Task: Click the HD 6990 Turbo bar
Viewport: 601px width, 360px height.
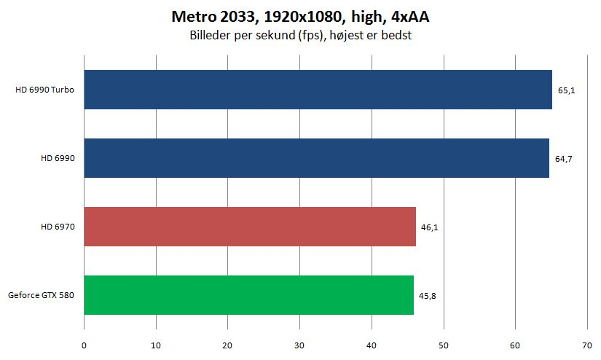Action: pos(318,90)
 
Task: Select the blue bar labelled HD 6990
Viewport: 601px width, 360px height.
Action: pos(317,158)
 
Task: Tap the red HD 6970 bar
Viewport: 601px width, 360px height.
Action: pos(250,227)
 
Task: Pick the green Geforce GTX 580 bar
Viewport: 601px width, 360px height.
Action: pos(248,295)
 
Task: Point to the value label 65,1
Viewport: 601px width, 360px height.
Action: pos(567,90)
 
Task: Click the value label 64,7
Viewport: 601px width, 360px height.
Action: pos(563,159)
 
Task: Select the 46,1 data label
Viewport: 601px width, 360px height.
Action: pos(429,227)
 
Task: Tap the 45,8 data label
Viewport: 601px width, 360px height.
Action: pos(428,296)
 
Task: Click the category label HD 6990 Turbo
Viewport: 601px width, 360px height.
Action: pos(45,90)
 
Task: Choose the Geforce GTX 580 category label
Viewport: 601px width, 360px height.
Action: pos(41,295)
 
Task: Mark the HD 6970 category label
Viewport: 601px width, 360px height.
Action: pos(58,227)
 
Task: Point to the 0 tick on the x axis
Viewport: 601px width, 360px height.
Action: pos(84,345)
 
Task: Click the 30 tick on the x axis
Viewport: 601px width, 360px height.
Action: pos(299,345)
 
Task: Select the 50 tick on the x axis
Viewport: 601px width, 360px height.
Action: pos(444,345)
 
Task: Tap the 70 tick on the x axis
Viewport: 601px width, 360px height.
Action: pos(587,345)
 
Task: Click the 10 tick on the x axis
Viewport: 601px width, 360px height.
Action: pos(156,345)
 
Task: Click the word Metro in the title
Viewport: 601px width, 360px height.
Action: pos(194,17)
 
